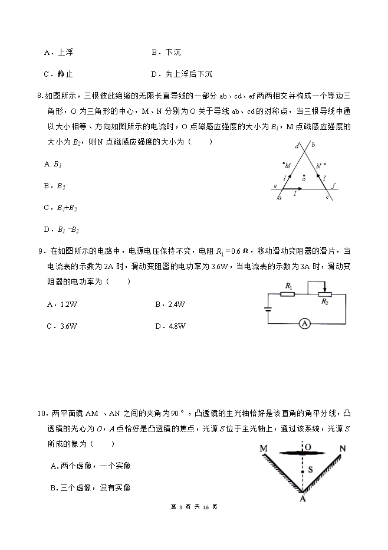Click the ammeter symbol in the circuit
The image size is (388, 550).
coord(304,323)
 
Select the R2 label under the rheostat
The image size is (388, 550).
coord(325,302)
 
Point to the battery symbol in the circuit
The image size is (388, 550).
coord(268,308)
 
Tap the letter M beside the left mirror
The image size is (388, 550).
coord(264,449)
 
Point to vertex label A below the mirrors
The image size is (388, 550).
coord(302,498)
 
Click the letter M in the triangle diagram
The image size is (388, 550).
coord(288,167)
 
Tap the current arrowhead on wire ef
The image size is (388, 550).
coord(301,189)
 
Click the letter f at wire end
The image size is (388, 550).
coord(334,185)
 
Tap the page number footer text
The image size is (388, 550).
coord(193,506)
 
